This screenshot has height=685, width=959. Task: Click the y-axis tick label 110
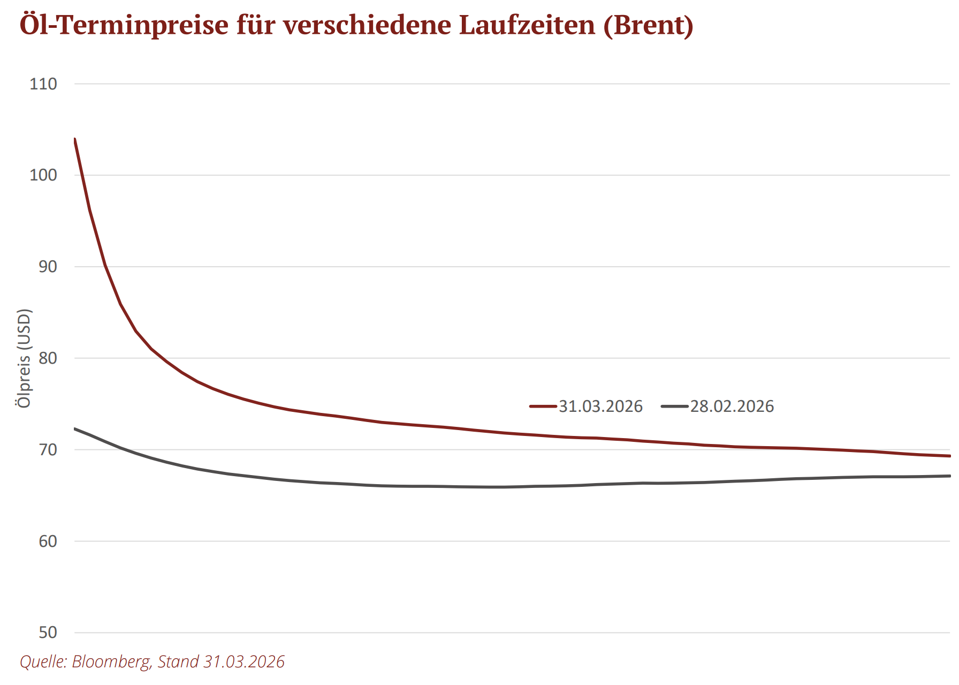(43, 84)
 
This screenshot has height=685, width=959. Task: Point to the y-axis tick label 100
(43, 175)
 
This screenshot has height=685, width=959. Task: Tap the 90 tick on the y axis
(48, 267)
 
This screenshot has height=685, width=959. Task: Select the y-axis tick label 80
(48, 358)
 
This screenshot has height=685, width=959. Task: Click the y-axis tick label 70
(48, 450)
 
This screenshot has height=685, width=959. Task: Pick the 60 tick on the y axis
(48, 541)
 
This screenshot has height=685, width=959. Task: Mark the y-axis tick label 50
(48, 633)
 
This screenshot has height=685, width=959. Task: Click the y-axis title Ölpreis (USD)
(24, 359)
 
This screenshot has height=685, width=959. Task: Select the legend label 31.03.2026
(600, 407)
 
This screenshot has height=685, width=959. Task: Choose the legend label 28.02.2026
(732, 407)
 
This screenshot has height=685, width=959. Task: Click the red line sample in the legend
(543, 407)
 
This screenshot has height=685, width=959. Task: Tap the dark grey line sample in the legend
(674, 407)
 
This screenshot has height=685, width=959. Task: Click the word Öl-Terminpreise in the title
(124, 25)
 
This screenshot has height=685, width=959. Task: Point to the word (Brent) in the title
(648, 25)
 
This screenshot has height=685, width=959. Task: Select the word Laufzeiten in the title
(527, 25)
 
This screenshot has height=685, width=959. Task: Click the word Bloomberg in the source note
(111, 661)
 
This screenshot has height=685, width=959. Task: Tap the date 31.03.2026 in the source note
(244, 661)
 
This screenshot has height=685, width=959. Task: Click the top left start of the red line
(75, 139)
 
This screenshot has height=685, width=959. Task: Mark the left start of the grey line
(75, 428)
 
